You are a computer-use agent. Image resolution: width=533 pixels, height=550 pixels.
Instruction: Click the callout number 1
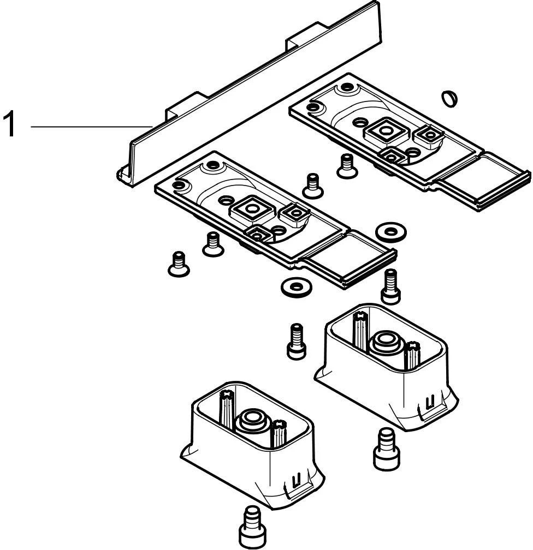(9, 125)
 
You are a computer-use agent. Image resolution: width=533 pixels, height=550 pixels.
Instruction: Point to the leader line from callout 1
(90, 127)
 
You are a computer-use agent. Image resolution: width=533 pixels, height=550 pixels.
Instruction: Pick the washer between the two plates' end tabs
(391, 231)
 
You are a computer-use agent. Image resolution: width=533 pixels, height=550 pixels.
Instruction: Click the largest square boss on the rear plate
(386, 130)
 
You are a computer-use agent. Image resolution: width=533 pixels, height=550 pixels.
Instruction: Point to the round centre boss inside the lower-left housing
(251, 420)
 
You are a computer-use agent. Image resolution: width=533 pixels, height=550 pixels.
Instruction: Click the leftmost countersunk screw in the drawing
(177, 264)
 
